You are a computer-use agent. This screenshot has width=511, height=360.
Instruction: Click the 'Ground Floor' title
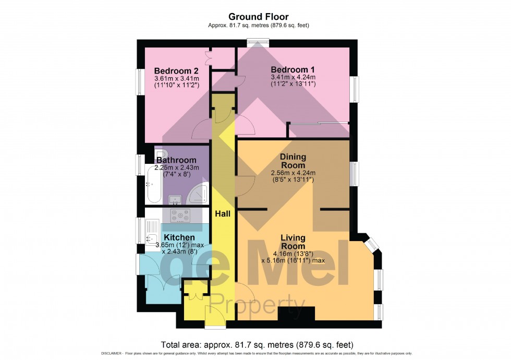[x=256, y=17]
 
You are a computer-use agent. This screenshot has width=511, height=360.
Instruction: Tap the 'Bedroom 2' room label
[x=176, y=70]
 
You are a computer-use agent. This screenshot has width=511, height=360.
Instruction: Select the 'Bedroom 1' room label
[x=293, y=69]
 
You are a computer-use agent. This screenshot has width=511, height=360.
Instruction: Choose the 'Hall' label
[x=223, y=213]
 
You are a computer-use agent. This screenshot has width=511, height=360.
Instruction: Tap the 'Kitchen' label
[x=174, y=237]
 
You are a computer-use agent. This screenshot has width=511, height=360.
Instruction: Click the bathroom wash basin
[x=175, y=199]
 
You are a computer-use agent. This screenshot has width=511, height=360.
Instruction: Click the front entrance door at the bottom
[x=215, y=320]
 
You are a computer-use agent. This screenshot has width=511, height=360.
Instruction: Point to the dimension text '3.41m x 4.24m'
[x=293, y=77]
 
